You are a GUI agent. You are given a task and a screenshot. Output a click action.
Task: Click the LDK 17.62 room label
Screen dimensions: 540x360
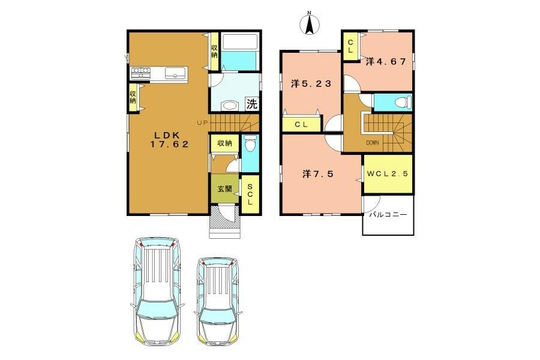pos(169,140)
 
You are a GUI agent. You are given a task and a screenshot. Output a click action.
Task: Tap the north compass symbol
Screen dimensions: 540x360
pos(309,24)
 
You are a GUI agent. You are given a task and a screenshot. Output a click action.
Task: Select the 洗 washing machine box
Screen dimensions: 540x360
pos(252,104)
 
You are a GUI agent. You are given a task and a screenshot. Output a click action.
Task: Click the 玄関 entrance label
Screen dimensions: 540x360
pos(224,189)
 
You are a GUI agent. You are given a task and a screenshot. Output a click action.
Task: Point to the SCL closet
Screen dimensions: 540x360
pos(250,194)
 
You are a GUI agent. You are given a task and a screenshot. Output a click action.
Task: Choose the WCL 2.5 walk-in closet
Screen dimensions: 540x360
pos(388,174)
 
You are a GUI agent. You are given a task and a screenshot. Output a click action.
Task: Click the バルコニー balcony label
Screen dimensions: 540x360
pos(388,215)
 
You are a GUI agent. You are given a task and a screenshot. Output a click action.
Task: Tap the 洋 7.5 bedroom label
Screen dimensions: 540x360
pos(318,173)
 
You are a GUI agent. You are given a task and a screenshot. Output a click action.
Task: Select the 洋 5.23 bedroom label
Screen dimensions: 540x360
pos(311,83)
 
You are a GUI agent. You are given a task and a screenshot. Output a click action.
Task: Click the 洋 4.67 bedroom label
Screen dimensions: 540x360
pos(386,62)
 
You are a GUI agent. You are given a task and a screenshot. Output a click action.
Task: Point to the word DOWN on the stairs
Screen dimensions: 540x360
pos(372,143)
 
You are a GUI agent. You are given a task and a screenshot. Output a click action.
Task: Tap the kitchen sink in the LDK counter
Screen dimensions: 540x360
pos(175,73)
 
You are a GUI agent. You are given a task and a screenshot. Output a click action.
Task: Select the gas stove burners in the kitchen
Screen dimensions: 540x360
pos(141,73)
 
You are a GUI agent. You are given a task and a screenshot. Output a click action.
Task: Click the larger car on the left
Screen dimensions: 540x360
pos(158,292)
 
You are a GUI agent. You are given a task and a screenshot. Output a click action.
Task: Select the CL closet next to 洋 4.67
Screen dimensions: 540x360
pos(350,46)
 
